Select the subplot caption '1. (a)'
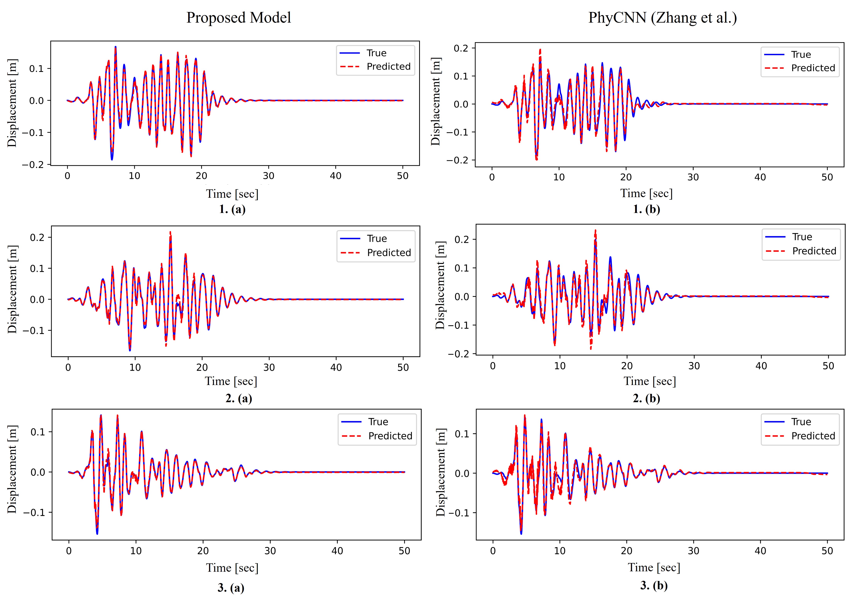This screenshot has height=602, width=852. click(x=232, y=209)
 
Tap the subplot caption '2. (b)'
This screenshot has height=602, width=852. click(x=646, y=398)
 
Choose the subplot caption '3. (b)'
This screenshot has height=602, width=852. click(x=654, y=585)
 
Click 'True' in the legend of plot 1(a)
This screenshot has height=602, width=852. click(x=376, y=53)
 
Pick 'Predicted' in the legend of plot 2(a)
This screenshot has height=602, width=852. click(x=389, y=253)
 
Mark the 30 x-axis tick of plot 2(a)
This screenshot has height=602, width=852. click(x=269, y=367)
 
